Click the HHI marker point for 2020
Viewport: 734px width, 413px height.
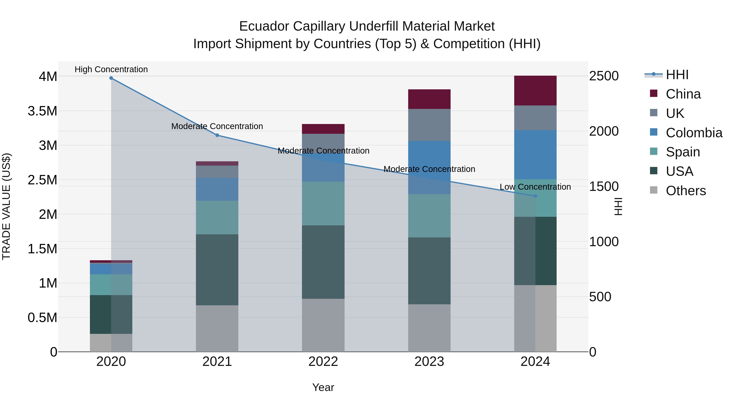[111, 78]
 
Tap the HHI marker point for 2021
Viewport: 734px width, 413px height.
[217, 135]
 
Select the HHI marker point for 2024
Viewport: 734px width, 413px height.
[535, 196]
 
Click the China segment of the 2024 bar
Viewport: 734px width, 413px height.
[535, 91]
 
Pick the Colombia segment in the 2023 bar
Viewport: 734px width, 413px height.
[429, 168]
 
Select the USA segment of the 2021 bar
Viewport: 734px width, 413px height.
[217, 270]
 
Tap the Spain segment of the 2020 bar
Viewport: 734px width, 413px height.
[111, 285]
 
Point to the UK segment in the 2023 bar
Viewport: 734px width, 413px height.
[429, 125]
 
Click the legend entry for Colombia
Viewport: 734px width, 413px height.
[694, 133]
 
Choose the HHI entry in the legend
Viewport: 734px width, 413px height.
[677, 75]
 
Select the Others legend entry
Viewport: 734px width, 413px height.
[685, 191]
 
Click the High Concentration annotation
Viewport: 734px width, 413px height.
[111, 69]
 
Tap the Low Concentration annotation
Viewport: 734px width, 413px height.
[535, 187]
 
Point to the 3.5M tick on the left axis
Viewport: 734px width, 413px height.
[42, 111]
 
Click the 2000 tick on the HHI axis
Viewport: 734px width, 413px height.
[604, 131]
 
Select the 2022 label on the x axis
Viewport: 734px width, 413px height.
[323, 361]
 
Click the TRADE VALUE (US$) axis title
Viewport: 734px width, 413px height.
[6, 206]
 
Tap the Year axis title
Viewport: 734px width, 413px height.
[323, 387]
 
